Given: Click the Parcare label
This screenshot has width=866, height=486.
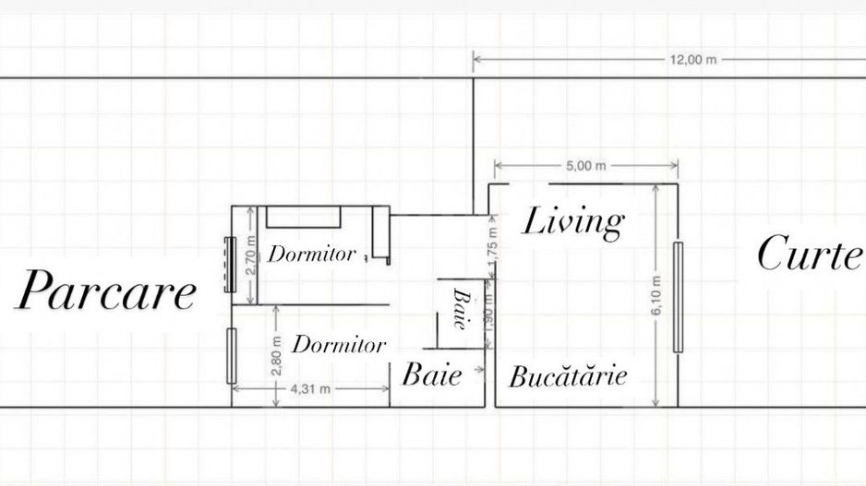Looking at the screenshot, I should [x=106, y=292].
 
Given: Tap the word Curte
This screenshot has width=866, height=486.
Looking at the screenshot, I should [x=809, y=254].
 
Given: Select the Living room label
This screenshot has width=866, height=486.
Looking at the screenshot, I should [x=573, y=222].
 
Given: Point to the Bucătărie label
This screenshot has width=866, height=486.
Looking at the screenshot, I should [x=568, y=376].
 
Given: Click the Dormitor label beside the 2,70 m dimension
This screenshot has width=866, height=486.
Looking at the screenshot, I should [x=311, y=255].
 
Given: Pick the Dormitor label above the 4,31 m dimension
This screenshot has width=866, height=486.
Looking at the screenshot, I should [x=339, y=346].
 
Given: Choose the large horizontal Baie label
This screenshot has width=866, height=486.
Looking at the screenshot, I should [x=431, y=375].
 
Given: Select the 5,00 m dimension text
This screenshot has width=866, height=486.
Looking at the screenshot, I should [x=586, y=166].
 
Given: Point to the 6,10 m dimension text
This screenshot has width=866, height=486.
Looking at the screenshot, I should [x=656, y=295].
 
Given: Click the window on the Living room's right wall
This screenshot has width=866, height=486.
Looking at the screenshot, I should [x=678, y=296].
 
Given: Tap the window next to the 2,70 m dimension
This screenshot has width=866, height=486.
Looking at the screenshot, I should [x=230, y=265].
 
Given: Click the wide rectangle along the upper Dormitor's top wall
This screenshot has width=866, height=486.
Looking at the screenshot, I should [x=304, y=217].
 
